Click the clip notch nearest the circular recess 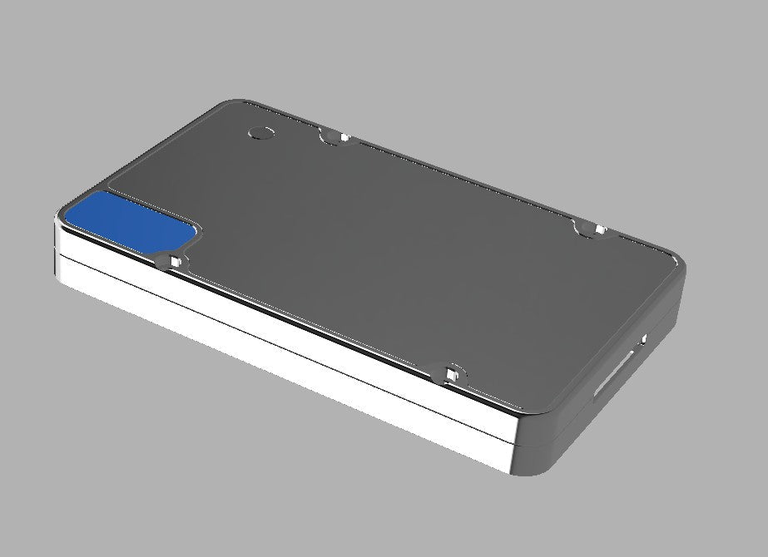pos(333,137)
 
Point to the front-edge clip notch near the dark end pos(450,373)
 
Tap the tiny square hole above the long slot pos(643,339)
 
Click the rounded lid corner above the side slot pos(677,264)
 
